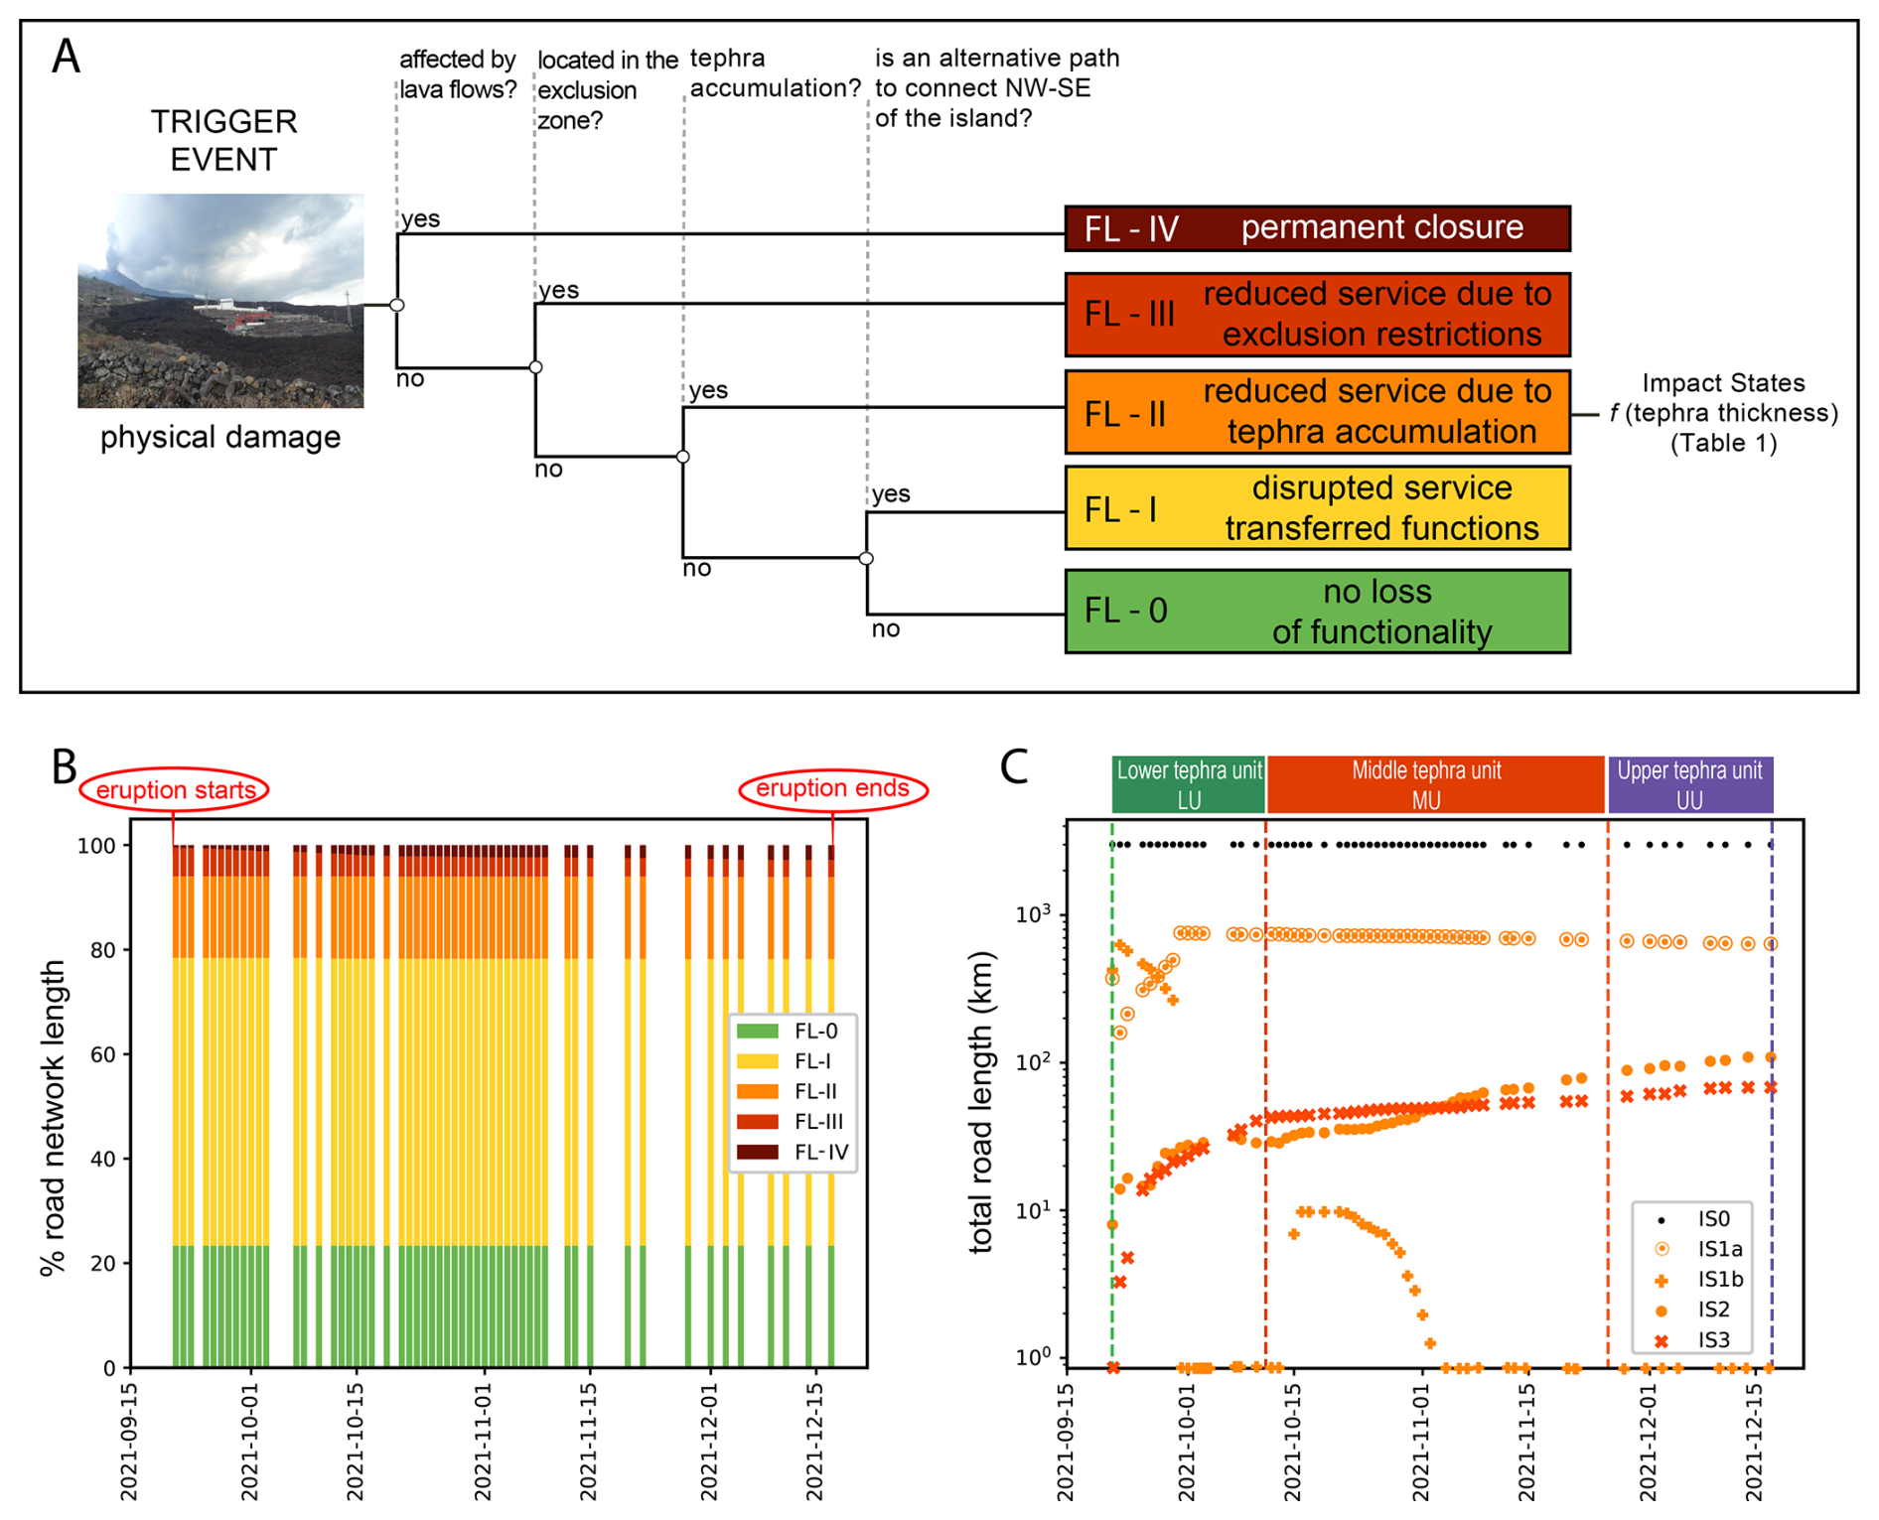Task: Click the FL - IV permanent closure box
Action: coord(1317,228)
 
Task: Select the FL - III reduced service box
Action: coord(1317,314)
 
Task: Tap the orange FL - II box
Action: coord(1317,412)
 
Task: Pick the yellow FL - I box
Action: coord(1317,508)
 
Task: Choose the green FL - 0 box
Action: coord(1317,612)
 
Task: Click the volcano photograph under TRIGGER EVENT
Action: coord(220,300)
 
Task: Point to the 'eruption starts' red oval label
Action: coord(175,790)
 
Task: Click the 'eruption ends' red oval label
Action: coord(832,789)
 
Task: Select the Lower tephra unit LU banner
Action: coord(1189,784)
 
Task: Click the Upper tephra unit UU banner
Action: coord(1689,784)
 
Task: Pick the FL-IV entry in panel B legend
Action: coord(793,1152)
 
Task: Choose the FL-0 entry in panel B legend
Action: coord(793,1032)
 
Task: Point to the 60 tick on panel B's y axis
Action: coord(102,1054)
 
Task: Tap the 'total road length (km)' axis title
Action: coord(981,1102)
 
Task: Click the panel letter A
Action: coord(67,57)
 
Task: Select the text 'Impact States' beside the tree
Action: coord(1722,383)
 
